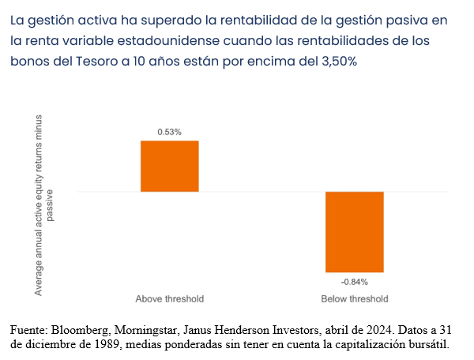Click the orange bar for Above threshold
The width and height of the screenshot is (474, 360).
click(x=169, y=166)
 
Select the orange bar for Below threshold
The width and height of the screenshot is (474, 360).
click(x=355, y=231)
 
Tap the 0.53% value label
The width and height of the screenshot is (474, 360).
click(x=169, y=132)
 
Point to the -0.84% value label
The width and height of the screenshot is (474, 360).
click(x=355, y=281)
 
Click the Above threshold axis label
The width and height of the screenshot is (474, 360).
click(x=169, y=299)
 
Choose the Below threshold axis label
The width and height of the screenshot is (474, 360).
click(x=355, y=299)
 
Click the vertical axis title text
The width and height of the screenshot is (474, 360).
click(x=44, y=204)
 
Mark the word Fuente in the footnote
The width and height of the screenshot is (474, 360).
click(x=28, y=330)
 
